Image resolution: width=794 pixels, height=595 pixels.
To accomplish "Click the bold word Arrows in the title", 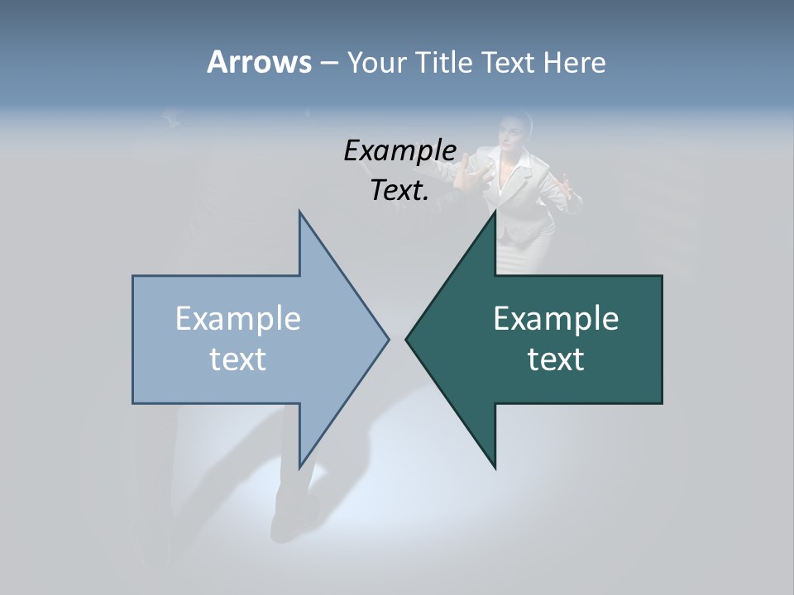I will [x=259, y=62].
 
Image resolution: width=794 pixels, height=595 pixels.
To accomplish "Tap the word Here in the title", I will [x=574, y=62].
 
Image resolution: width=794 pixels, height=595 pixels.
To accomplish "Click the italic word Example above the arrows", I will [x=399, y=150].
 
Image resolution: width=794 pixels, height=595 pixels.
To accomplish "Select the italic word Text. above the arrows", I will [x=399, y=190].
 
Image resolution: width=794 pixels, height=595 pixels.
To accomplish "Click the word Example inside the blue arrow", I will [x=238, y=318].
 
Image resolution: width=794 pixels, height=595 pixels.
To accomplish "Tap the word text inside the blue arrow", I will [x=238, y=359].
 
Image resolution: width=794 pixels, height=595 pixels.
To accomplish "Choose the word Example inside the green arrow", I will [x=556, y=318].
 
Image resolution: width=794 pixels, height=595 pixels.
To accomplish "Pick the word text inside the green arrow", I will [x=556, y=359].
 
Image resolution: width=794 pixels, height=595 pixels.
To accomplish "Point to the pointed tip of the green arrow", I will [x=407, y=339].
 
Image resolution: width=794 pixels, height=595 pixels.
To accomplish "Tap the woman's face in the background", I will [x=514, y=133].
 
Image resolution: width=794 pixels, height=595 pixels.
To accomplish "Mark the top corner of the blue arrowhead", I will [x=299, y=212].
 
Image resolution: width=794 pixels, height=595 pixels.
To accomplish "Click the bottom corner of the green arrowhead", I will [x=495, y=468].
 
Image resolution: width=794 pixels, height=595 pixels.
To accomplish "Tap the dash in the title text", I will [x=328, y=63].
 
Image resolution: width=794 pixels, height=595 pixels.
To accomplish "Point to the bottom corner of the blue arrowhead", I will [x=299, y=468].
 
